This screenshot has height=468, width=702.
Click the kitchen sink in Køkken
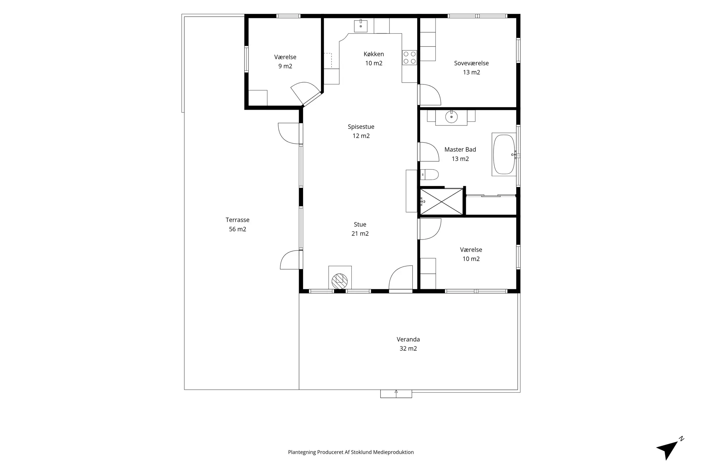tap(361, 26)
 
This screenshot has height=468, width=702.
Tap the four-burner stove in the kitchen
tap(409, 58)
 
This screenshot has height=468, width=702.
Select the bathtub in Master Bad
tap(504, 155)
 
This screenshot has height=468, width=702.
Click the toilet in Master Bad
tap(429, 175)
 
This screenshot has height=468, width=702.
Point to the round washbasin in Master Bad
tap(452, 117)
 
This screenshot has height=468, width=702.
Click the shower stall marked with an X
tap(442, 201)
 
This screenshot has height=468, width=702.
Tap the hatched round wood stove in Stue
tap(340, 281)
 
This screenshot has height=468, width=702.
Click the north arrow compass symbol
tap(669, 449)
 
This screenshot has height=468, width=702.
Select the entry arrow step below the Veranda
tap(396, 394)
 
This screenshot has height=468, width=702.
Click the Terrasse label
tap(237, 220)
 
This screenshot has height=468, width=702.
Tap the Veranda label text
tap(408, 339)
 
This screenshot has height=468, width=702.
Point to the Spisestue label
tap(361, 127)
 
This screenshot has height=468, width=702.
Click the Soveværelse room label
tap(471, 63)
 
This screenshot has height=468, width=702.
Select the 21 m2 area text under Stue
tap(360, 234)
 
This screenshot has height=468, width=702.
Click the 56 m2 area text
tap(237, 229)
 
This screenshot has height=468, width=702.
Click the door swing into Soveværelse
tap(429, 95)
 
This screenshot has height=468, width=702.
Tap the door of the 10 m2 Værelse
tap(429, 229)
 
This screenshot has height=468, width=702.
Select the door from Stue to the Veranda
tap(401, 279)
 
